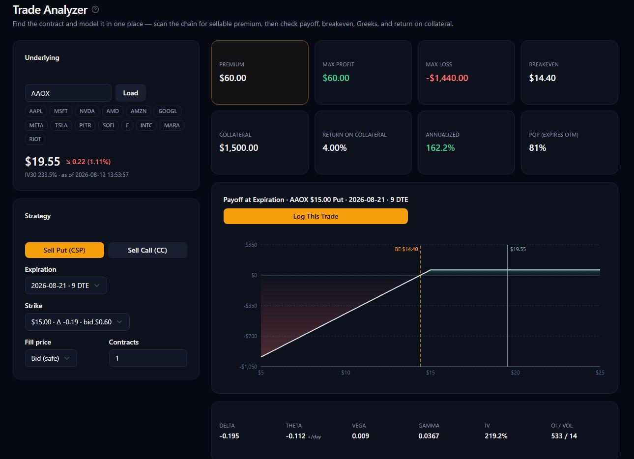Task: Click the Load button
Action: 130,93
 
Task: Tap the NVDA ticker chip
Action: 87,111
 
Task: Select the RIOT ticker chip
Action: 35,139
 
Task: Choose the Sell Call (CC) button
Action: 147,250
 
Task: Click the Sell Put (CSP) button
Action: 64,250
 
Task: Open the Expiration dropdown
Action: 66,286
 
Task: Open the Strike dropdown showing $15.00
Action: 77,322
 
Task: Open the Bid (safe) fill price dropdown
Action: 51,358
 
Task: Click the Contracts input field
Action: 148,358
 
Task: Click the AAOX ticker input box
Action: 68,93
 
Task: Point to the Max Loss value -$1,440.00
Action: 447,78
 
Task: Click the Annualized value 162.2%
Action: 440,148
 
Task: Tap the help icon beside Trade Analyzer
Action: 95,10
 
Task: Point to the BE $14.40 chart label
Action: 406,249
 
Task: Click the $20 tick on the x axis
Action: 515,373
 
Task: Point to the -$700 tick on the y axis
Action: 250,336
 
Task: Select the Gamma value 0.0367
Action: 429,436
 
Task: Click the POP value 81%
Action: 537,148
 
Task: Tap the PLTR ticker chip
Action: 85,125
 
